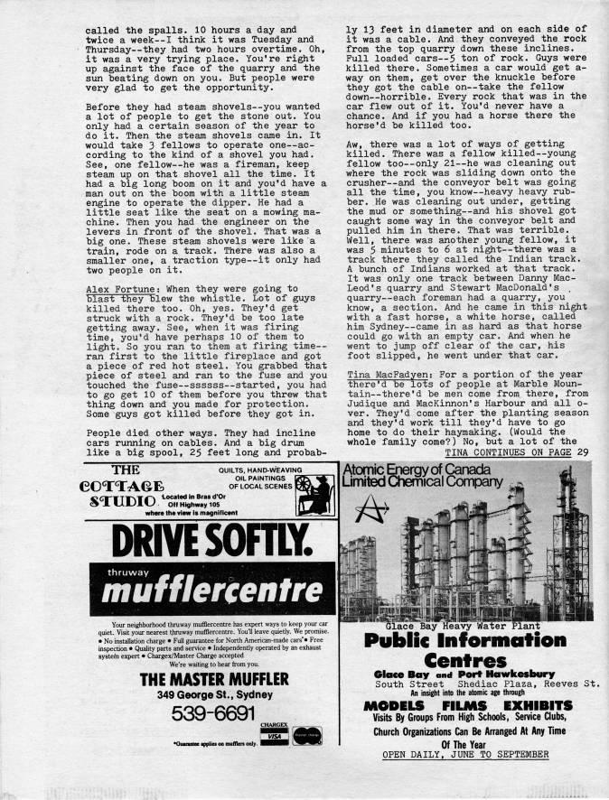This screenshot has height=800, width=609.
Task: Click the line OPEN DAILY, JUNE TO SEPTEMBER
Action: point(465,754)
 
